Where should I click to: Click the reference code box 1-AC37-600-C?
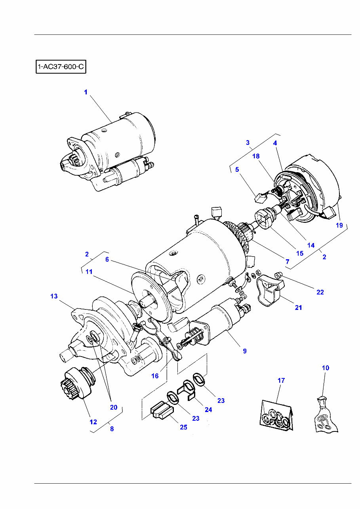tap(61, 67)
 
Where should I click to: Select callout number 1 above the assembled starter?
tap(85, 92)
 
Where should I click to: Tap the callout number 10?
tap(325, 368)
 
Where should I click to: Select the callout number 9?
tap(245, 351)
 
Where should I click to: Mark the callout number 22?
tap(320, 292)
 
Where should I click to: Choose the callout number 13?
tap(54, 296)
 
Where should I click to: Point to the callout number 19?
tap(339, 225)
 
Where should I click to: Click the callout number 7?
tap(288, 262)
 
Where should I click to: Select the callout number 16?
tap(155, 376)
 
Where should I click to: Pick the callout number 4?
tap(275, 143)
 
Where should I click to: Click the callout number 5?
tap(237, 169)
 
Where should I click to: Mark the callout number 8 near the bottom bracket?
tap(112, 429)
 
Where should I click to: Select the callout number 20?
tap(114, 407)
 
